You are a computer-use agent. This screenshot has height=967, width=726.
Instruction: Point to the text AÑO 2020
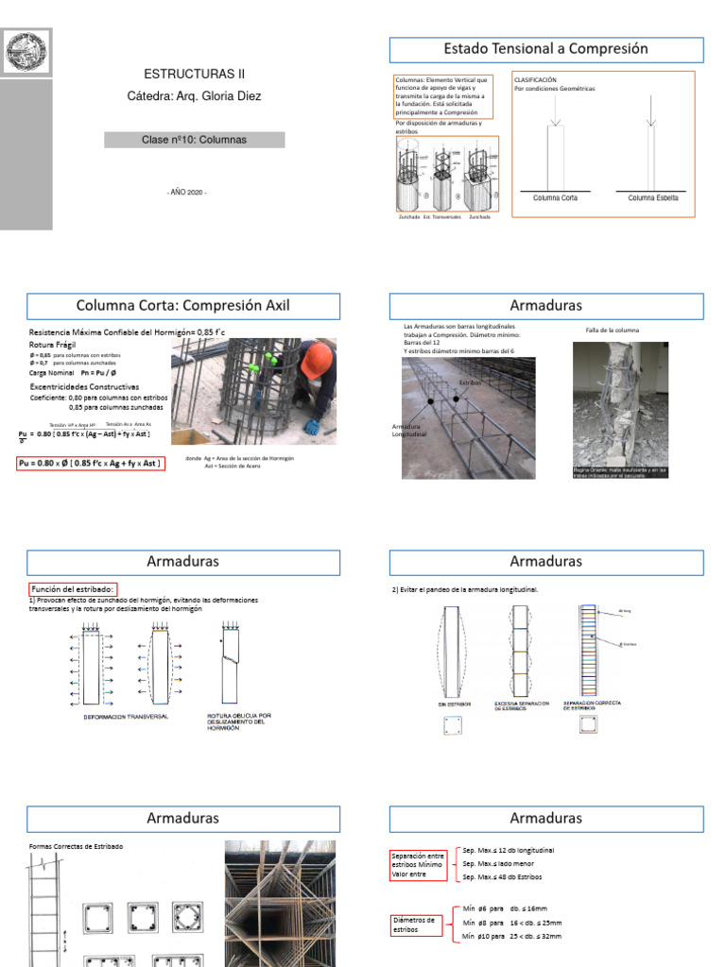pos(186,192)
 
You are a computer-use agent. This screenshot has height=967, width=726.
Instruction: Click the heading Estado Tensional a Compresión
pos(546,49)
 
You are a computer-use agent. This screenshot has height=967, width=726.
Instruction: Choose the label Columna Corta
pos(556,198)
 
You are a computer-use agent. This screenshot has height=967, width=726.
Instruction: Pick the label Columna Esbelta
pos(653,198)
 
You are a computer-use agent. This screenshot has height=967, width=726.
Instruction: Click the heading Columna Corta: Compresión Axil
pos(183,305)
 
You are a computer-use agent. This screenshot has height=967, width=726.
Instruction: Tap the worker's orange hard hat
pos(316,359)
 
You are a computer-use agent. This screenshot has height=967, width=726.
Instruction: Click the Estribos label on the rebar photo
pos(471,382)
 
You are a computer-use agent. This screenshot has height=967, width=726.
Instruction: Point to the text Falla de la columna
pos(613,331)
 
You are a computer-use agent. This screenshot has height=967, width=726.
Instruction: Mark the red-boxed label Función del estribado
pos(73,589)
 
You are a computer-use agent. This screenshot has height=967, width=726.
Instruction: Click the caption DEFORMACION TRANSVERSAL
pos(126,717)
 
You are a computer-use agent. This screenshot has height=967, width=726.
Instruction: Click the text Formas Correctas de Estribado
pos(77,846)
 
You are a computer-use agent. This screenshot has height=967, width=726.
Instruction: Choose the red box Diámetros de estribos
pos(417,924)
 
